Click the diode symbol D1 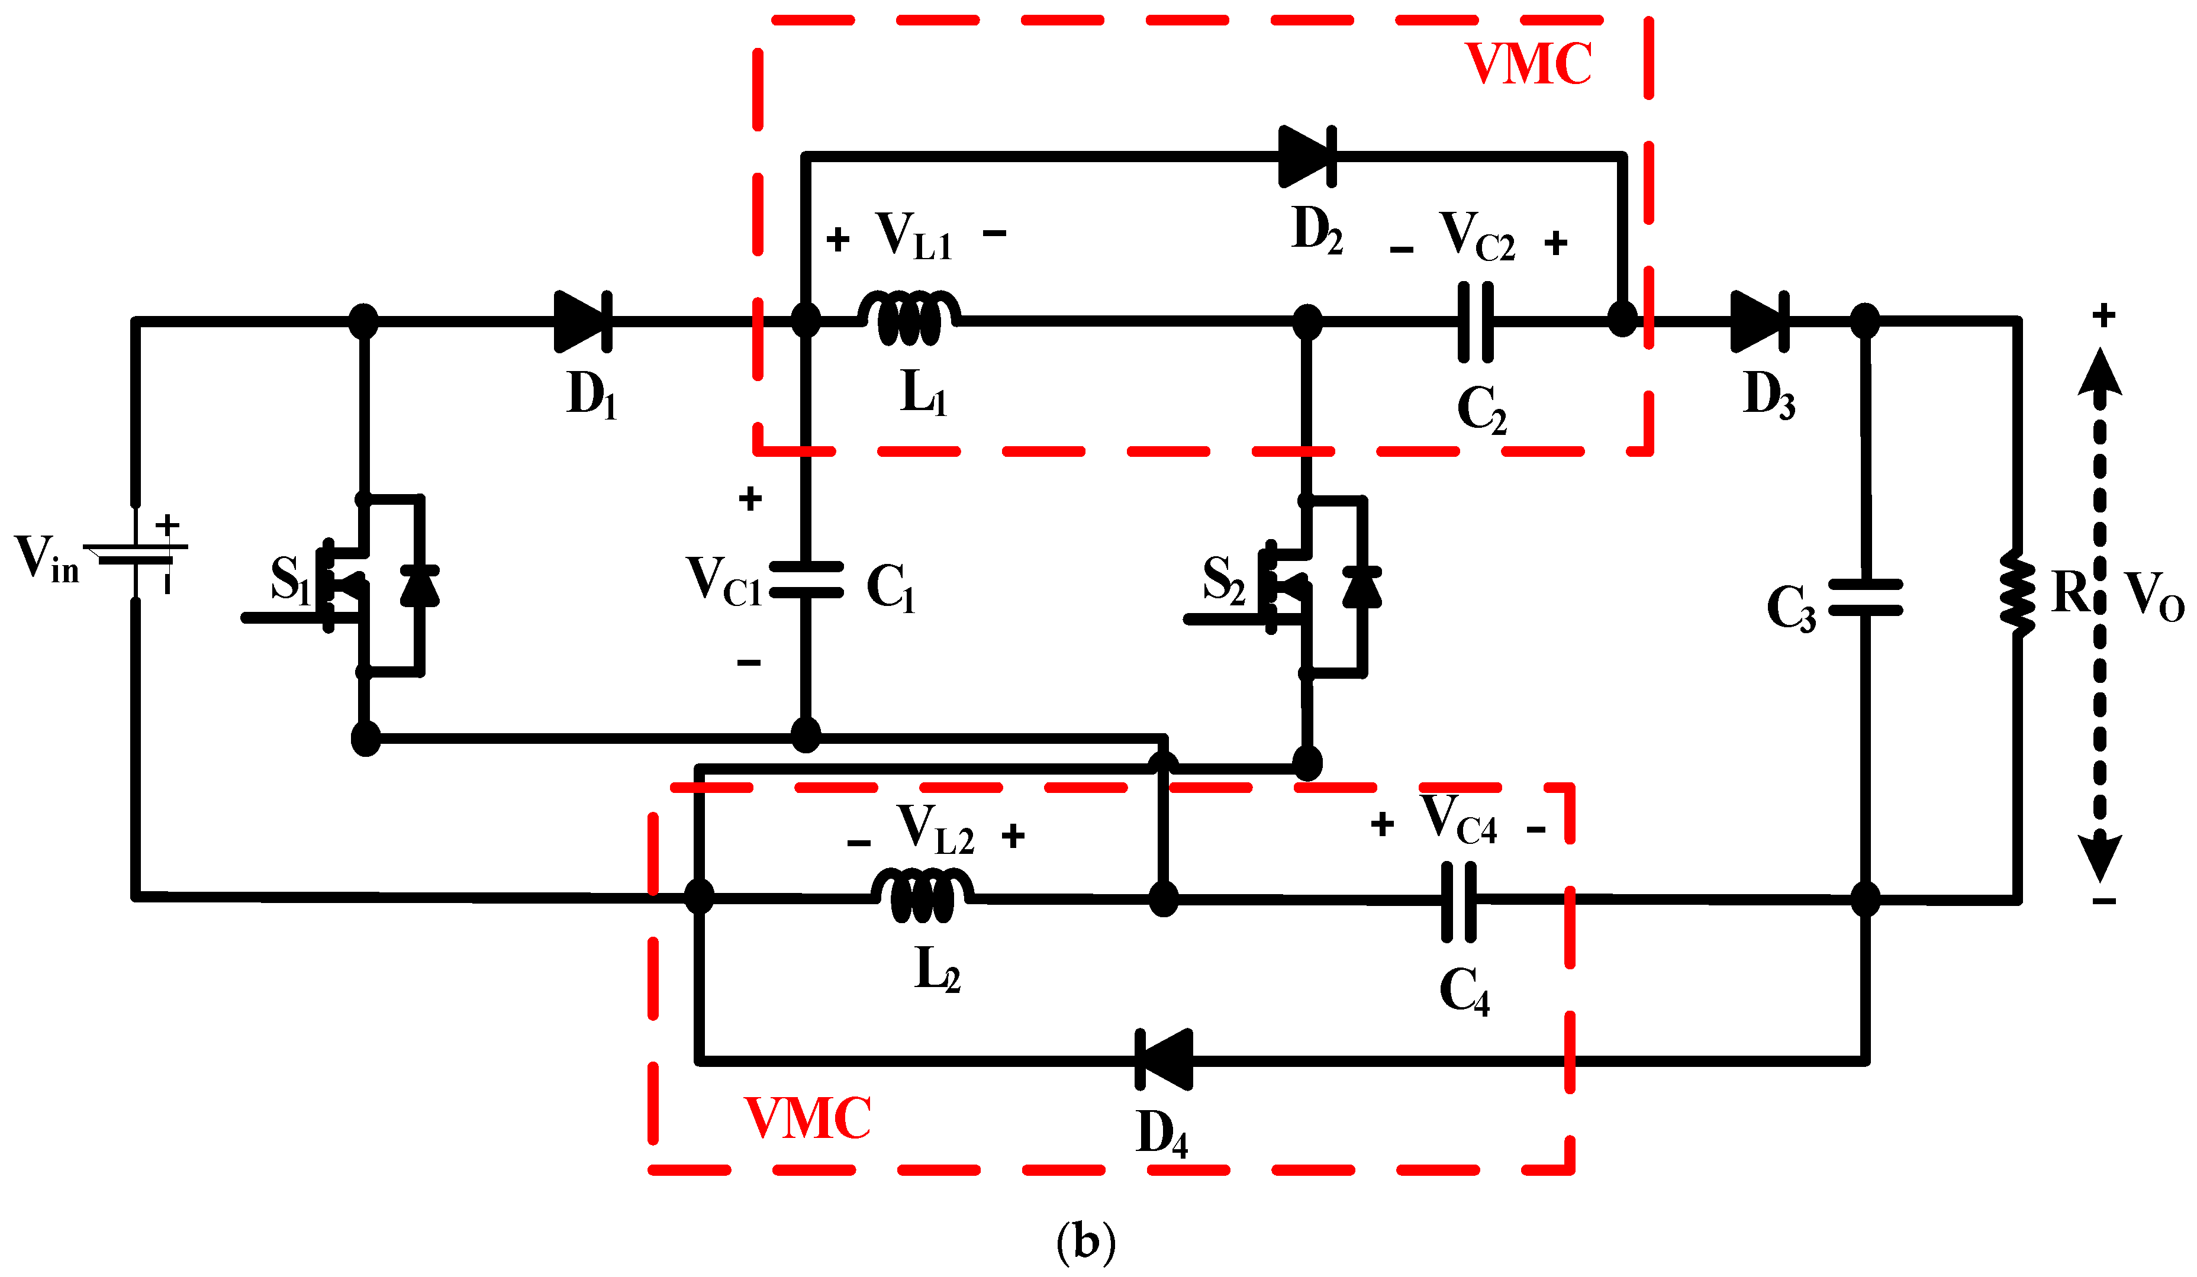point(582,322)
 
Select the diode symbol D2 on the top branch point(1306,157)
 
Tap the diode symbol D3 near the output point(1758,322)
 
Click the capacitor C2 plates point(1475,322)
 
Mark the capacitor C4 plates point(1458,901)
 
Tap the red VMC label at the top point(1528,64)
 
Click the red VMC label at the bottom point(807,1118)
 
